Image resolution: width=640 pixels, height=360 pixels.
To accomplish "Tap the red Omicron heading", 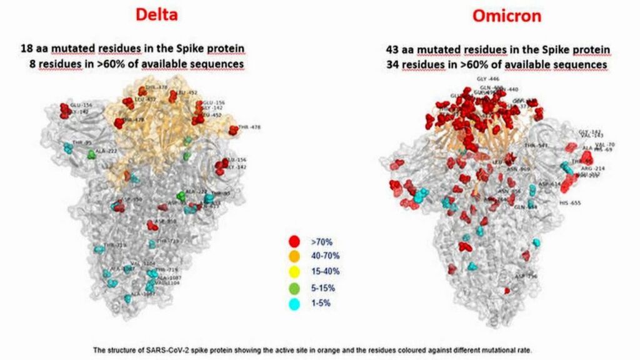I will pos(506,16).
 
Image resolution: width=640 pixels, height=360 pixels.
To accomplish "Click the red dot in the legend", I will pos(294,240).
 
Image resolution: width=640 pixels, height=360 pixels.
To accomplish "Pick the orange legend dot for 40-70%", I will pos(294,256).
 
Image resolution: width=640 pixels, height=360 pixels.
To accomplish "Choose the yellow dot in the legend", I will pos(294,271).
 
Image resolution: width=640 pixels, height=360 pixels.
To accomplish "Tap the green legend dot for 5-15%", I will pos(294,287).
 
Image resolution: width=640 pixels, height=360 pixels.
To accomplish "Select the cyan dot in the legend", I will pos(294,303).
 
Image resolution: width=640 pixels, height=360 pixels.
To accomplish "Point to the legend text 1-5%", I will pos(321,304).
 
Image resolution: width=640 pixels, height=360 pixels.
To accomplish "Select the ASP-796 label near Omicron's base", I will pos(526,276).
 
